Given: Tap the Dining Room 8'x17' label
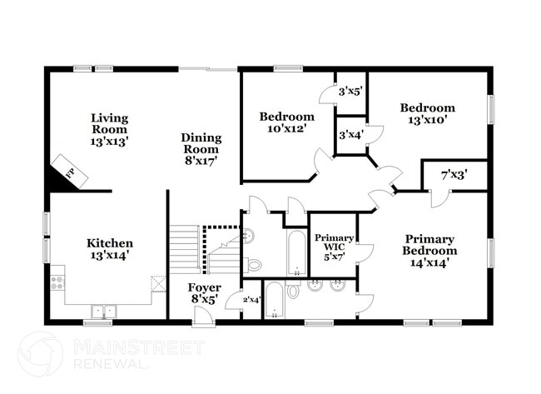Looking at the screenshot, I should (201, 143).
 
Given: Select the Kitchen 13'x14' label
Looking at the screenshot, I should (109, 248).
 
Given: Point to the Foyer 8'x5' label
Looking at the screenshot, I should (206, 293).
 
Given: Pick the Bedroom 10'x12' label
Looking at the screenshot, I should (286, 122).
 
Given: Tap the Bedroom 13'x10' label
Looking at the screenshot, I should (427, 113).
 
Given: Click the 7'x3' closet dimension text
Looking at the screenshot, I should (453, 176).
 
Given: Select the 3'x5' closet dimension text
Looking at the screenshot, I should (350, 92).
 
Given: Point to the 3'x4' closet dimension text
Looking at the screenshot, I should (350, 135).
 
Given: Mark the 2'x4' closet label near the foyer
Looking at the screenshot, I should (251, 300).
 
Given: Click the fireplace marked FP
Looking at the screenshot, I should (70, 171).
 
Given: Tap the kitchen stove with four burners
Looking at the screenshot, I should (57, 282).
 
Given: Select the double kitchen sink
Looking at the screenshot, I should (103, 311).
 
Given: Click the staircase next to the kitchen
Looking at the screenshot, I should (186, 248).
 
